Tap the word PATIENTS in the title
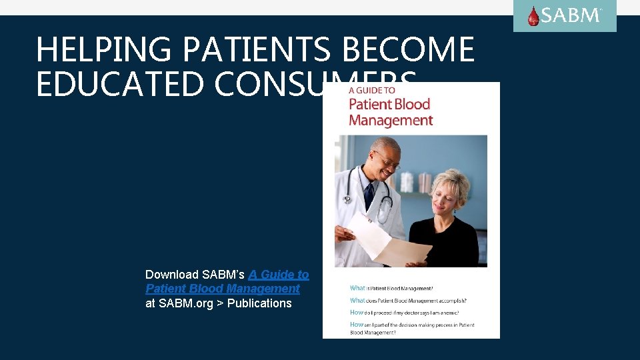256,50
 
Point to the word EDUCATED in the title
111,85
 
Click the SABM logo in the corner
565,16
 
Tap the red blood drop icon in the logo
533,16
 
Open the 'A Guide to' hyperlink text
279,274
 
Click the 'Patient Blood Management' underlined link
223,289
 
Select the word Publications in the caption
259,303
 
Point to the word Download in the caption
172,274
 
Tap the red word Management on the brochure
391,121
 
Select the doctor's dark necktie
369,195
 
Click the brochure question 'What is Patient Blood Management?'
391,288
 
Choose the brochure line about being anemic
404,312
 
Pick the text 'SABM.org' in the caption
185,303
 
